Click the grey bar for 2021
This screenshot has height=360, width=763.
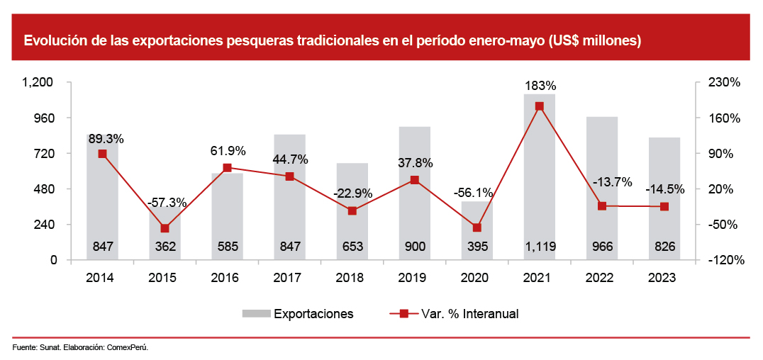(x=539, y=177)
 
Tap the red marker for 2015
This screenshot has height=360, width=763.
(x=165, y=228)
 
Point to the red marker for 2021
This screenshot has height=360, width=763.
(x=540, y=106)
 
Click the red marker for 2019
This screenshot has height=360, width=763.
(x=415, y=180)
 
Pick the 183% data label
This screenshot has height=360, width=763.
(x=540, y=86)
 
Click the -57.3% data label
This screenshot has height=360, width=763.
(x=167, y=203)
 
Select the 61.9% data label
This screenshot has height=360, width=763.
(x=228, y=151)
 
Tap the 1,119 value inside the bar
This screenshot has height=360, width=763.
(x=540, y=247)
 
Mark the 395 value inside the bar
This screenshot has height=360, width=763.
(x=477, y=247)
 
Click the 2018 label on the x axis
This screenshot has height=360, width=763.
(x=352, y=278)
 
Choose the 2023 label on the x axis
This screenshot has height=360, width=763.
(x=664, y=278)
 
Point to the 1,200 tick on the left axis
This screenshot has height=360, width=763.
(x=38, y=83)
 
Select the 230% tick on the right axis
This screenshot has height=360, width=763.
(x=725, y=83)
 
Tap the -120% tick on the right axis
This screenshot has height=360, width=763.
(x=725, y=260)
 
